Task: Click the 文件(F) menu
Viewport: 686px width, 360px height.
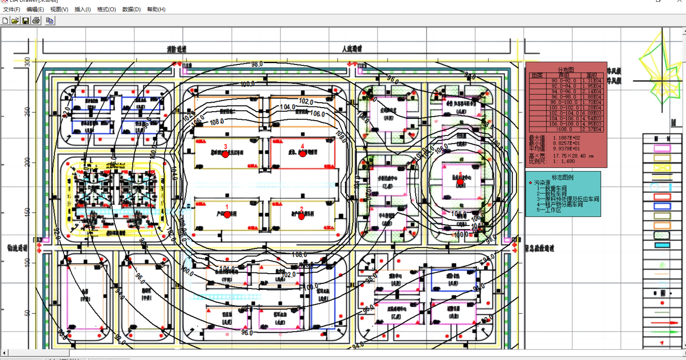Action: (x=12, y=9)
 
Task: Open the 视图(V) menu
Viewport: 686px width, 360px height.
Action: (x=59, y=9)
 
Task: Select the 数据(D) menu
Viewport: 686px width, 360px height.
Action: (x=131, y=9)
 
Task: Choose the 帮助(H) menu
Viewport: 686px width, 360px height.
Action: (x=156, y=9)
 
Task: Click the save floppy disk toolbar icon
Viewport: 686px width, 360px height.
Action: (x=26, y=21)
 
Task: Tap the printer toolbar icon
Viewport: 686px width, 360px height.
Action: (x=36, y=21)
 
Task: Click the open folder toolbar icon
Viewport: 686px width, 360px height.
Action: (x=15, y=21)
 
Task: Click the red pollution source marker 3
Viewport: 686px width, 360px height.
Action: (x=225, y=154)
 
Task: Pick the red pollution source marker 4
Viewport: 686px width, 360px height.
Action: (x=303, y=154)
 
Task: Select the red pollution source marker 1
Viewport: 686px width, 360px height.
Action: (x=227, y=215)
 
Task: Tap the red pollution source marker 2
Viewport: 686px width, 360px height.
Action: (x=302, y=216)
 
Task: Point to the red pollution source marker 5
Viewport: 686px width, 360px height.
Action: (x=460, y=182)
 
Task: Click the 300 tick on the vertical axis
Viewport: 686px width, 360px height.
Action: (x=27, y=62)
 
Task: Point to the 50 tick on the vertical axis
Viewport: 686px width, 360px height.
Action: (x=27, y=313)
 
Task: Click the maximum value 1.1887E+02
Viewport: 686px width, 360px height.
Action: (x=567, y=138)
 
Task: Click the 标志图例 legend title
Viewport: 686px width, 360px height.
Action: (x=563, y=177)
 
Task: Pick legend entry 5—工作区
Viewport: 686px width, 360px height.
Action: (x=549, y=210)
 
